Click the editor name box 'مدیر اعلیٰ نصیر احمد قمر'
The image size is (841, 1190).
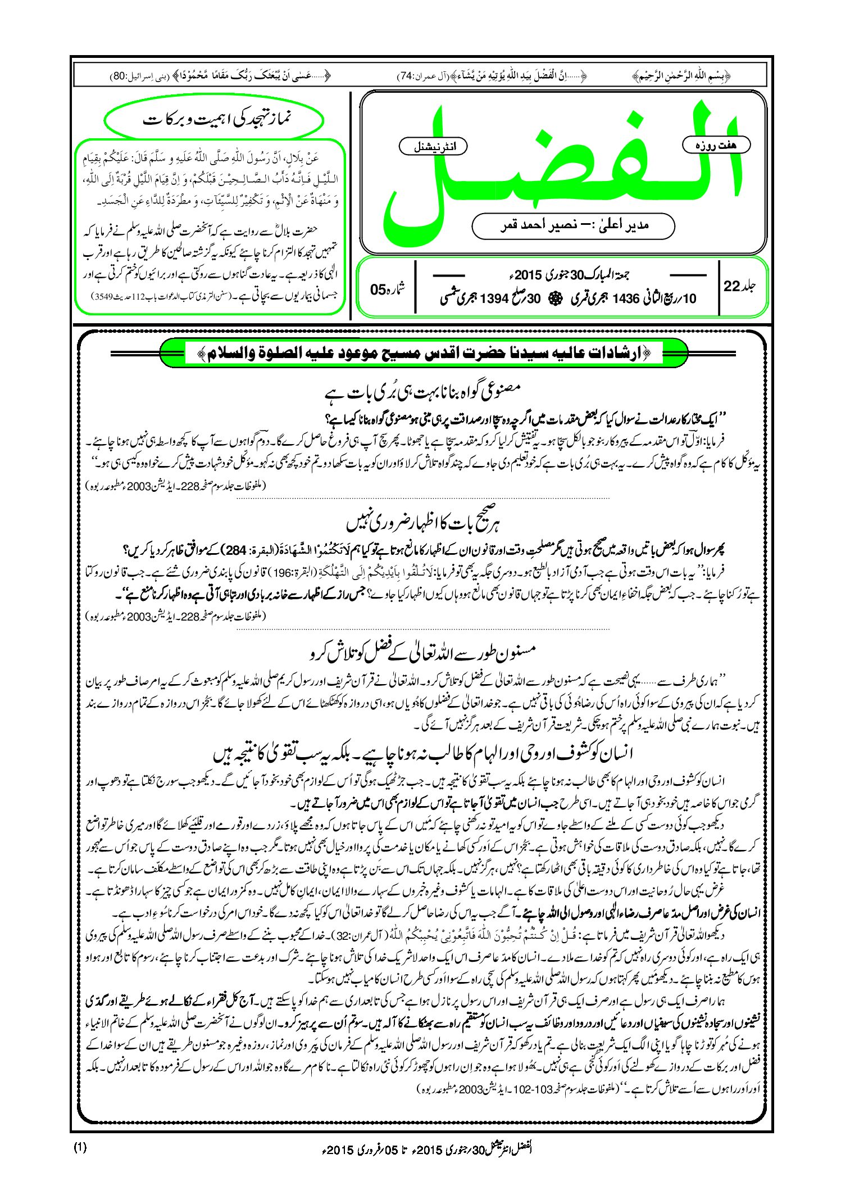(573, 225)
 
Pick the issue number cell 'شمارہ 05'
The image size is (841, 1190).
(388, 288)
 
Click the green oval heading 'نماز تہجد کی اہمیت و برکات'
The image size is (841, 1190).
(215, 120)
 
